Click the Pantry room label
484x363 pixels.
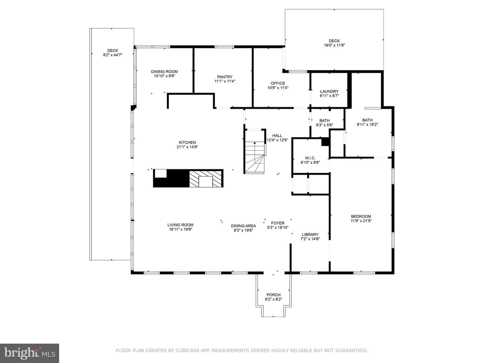tap(225, 77)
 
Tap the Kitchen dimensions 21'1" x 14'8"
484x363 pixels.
tap(187, 147)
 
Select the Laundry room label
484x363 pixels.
tap(329, 91)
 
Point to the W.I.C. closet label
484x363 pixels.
tap(310, 158)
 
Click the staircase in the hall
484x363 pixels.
tap(255, 151)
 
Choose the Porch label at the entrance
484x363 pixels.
tap(273, 295)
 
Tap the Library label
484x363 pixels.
tap(310, 235)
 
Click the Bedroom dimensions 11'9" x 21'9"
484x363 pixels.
tap(361, 220)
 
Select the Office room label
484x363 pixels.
tap(278, 83)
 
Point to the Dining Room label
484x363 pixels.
tap(164, 72)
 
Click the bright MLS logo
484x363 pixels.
tap(30, 353)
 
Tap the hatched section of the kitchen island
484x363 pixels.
tap(205, 178)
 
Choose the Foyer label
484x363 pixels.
tap(278, 223)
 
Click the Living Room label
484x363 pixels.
tap(180, 225)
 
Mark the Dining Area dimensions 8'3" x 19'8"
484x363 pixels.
tap(243, 230)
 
